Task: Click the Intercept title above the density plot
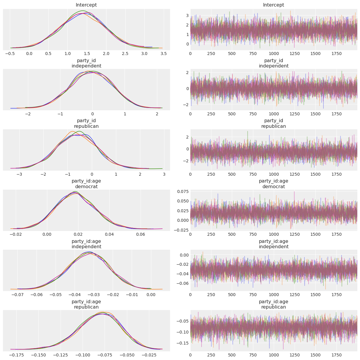86,5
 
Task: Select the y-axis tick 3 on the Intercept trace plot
187,15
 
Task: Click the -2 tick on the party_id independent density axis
28,114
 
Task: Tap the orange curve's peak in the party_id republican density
72,131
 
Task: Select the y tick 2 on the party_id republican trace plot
187,137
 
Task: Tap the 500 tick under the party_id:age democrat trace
232,234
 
